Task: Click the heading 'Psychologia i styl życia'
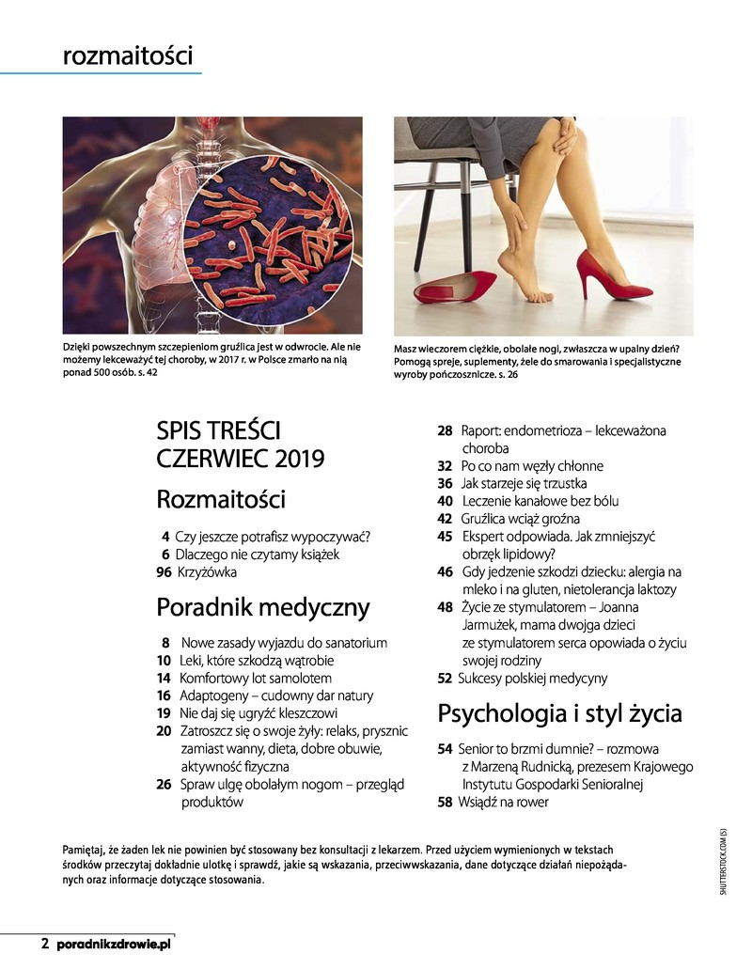tap(559, 713)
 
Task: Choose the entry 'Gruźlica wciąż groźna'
tap(520, 519)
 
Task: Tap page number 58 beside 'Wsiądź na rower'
tap(445, 802)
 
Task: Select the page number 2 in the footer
tap(44, 943)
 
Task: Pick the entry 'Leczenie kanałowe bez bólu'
tap(540, 501)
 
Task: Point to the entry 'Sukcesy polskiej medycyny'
tap(532, 678)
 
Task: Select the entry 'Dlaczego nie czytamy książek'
tap(257, 555)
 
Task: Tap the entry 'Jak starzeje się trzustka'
tap(524, 483)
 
